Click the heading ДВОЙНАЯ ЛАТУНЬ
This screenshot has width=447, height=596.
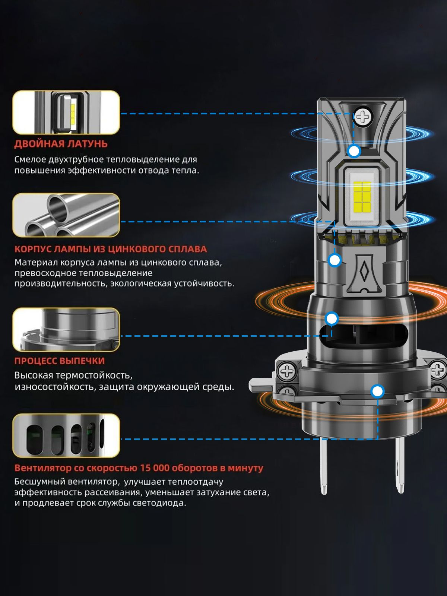click(x=61, y=144)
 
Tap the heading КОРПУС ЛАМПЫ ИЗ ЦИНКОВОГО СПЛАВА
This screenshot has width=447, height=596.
click(x=111, y=249)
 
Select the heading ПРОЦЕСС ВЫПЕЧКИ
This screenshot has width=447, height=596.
click(x=60, y=361)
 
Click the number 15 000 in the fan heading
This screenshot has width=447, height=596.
click(x=155, y=468)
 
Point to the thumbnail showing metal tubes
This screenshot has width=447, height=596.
click(x=66, y=215)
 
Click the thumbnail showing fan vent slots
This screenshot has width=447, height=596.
click(x=66, y=435)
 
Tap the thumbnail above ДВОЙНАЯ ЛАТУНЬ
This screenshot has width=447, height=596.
click(x=66, y=112)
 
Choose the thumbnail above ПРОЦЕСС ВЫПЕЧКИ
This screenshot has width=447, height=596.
click(x=66, y=330)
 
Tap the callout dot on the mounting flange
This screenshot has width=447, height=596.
click(x=377, y=391)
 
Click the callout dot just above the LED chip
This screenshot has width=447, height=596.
click(x=354, y=151)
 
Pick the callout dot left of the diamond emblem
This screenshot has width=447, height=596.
click(x=335, y=260)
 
